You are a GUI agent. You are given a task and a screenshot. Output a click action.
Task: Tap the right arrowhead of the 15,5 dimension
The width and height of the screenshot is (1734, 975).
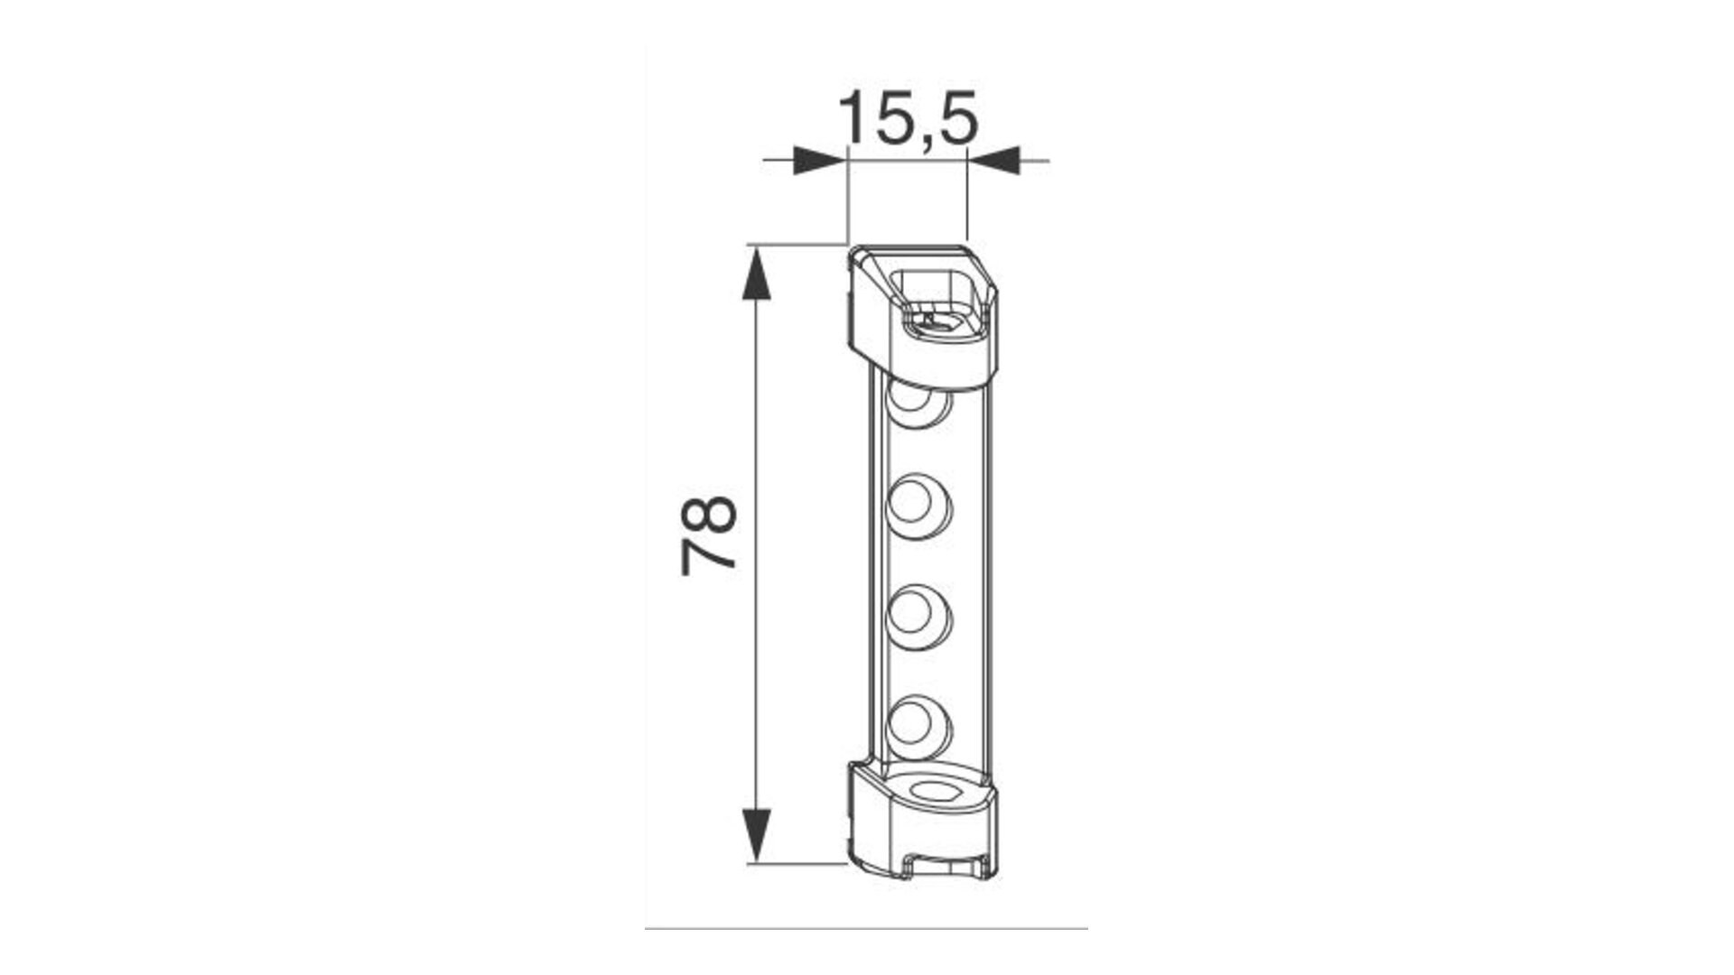pos(993,161)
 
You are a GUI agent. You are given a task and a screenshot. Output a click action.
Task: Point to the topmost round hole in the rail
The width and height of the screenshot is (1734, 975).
pos(919,404)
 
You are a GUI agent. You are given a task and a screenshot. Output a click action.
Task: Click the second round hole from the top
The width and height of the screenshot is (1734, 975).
pos(919,505)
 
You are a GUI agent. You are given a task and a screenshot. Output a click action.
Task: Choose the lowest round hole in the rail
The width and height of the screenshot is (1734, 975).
pos(919,724)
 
